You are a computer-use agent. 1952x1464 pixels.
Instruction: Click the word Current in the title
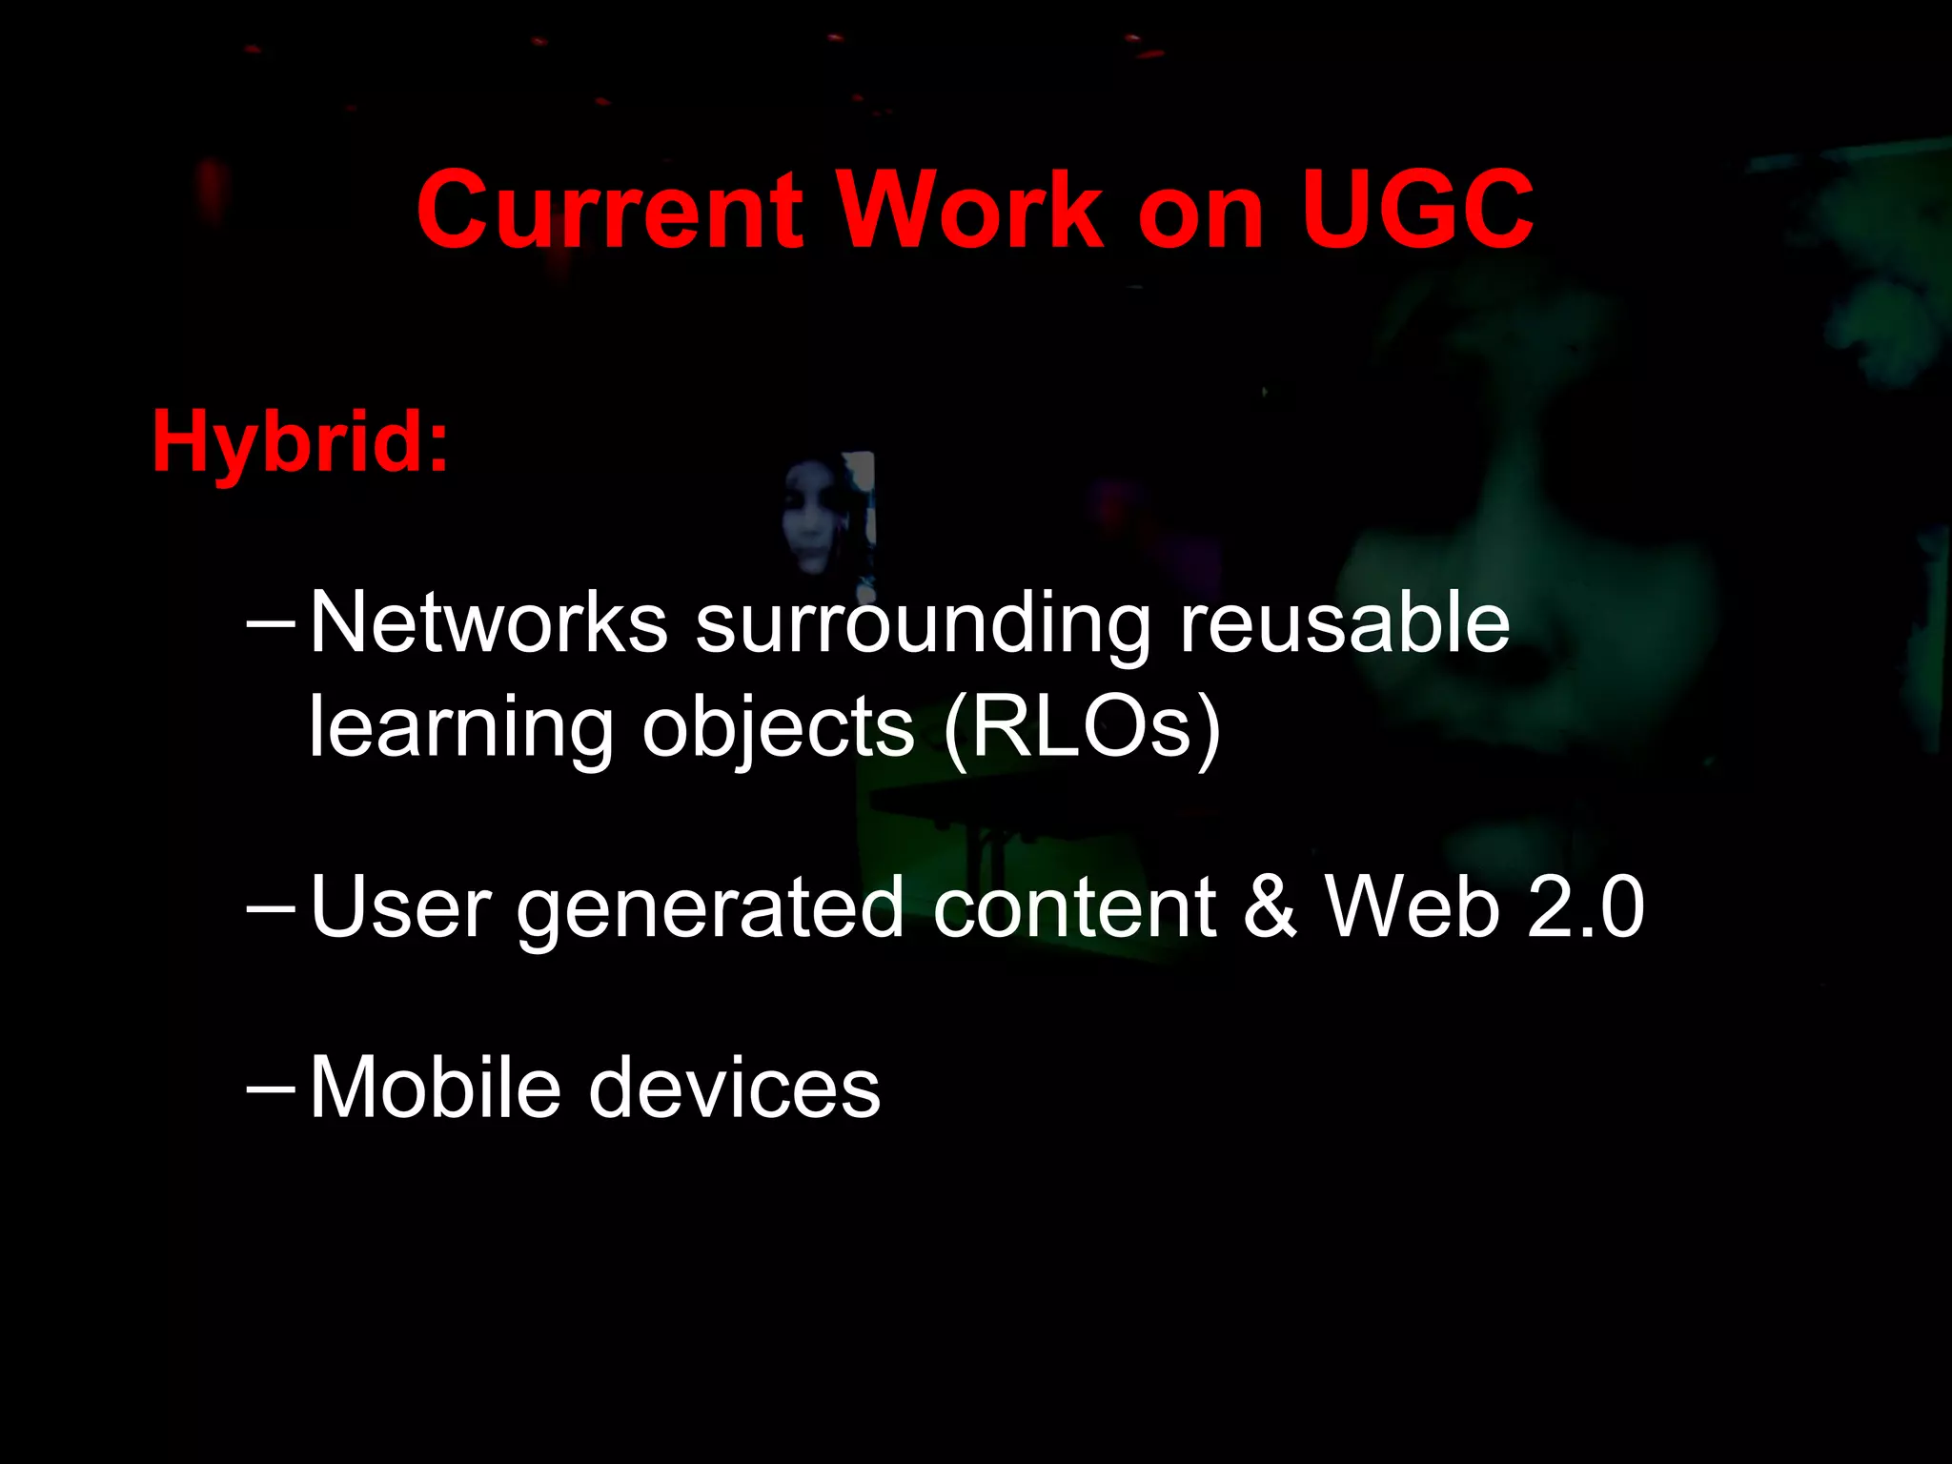pyautogui.click(x=610, y=210)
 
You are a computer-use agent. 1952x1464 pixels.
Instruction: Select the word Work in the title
pyautogui.click(x=969, y=210)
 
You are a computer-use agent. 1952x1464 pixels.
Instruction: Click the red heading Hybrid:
pyautogui.click(x=300, y=442)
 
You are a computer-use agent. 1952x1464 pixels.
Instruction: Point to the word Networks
pyautogui.click(x=489, y=623)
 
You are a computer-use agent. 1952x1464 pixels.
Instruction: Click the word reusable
pyautogui.click(x=1344, y=623)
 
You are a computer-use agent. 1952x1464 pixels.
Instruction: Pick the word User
pyautogui.click(x=401, y=907)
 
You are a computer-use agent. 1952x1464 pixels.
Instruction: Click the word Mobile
pyautogui.click(x=436, y=1088)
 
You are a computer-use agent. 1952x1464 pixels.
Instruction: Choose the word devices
pyautogui.click(x=735, y=1088)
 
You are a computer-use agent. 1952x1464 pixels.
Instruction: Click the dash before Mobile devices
pyautogui.click(x=271, y=1086)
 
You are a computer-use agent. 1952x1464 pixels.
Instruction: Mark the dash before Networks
pyautogui.click(x=271, y=621)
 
